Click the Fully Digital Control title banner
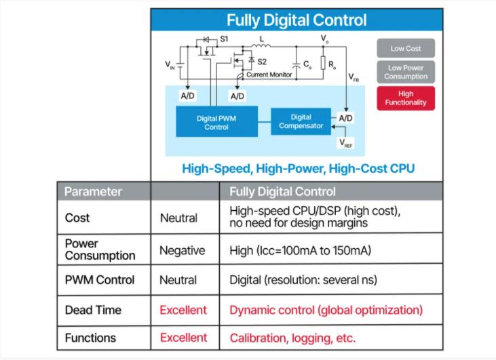(297, 20)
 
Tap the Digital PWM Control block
(216, 122)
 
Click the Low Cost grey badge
(406, 48)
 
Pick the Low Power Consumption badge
(406, 72)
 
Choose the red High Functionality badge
(406, 98)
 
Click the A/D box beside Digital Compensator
(345, 118)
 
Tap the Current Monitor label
(269, 75)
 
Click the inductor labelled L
(261, 47)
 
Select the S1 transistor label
(224, 39)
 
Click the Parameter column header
(94, 191)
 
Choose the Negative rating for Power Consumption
(182, 250)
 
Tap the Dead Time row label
(93, 310)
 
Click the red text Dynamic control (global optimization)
(326, 310)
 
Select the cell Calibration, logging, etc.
(292, 338)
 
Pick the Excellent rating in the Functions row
(183, 338)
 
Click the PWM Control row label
(100, 280)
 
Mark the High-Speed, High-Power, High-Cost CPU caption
(298, 168)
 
